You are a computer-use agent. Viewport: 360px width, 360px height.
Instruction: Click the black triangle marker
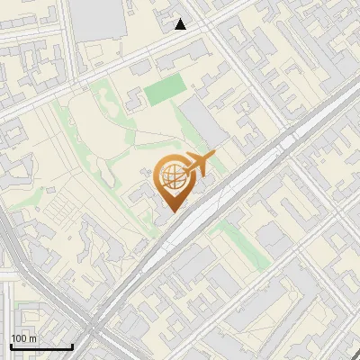coord(181,24)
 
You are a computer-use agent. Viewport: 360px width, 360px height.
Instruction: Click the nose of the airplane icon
coord(214,156)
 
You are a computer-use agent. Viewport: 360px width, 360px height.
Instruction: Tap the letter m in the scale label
coord(33,337)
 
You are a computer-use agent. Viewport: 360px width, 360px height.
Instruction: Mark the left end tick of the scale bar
coord(11,346)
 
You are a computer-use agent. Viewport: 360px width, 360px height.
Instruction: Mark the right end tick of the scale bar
coord(72,346)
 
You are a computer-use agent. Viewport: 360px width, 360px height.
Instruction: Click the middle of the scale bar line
coord(41,346)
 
